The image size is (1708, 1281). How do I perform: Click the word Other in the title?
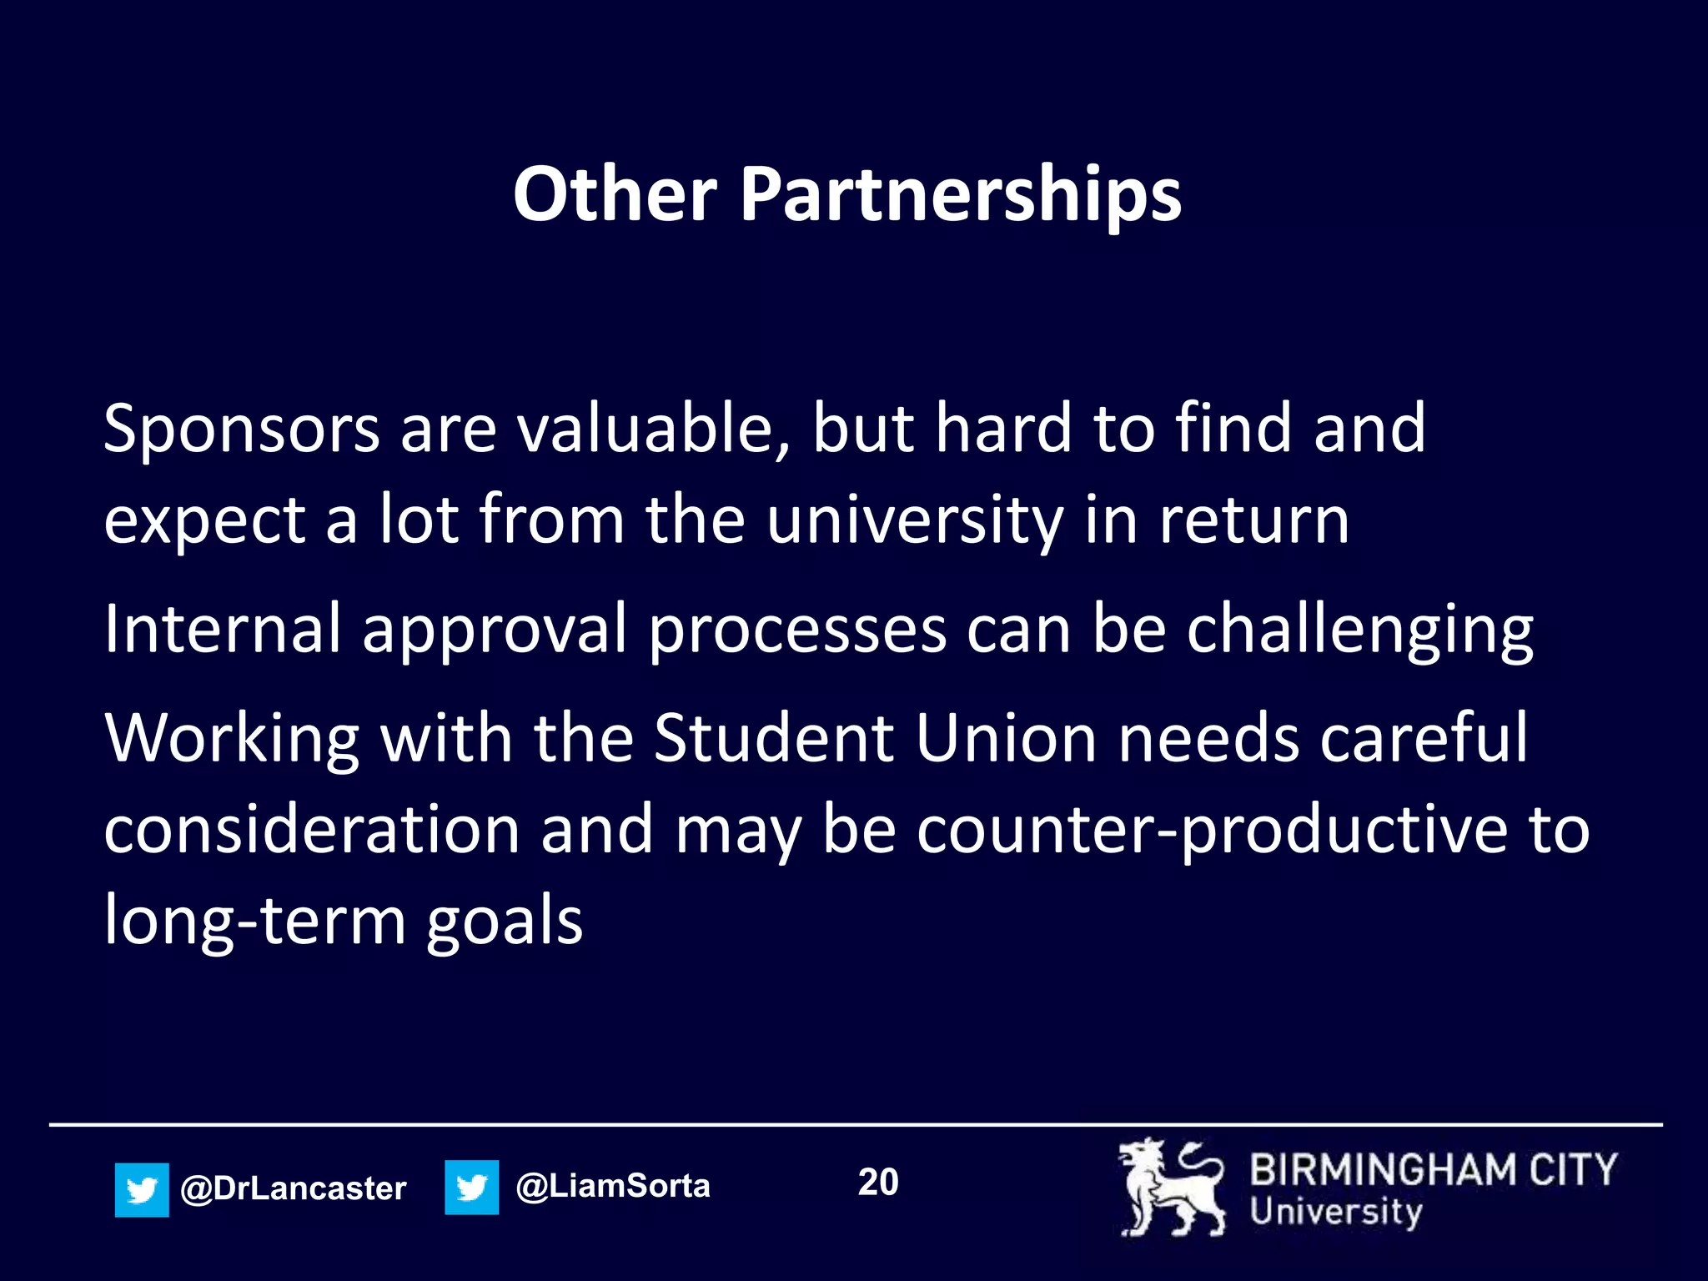tap(615, 193)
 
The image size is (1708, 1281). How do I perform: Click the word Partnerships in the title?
tap(960, 193)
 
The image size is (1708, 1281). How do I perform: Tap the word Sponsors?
tap(242, 429)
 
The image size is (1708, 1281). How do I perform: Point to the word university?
tap(914, 520)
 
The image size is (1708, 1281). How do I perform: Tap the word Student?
tap(773, 738)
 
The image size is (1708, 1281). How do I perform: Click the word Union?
tap(1006, 738)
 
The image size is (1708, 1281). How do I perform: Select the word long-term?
tap(255, 922)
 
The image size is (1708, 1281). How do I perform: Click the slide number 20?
tap(878, 1183)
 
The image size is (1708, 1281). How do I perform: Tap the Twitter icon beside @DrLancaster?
tap(142, 1189)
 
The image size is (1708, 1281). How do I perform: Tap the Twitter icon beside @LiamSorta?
tap(471, 1187)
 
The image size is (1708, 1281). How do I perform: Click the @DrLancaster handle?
tap(294, 1188)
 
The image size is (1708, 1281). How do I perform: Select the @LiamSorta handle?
tap(613, 1186)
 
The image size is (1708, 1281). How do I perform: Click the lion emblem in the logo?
tap(1171, 1188)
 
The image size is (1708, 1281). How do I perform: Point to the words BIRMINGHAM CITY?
tap(1433, 1169)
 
